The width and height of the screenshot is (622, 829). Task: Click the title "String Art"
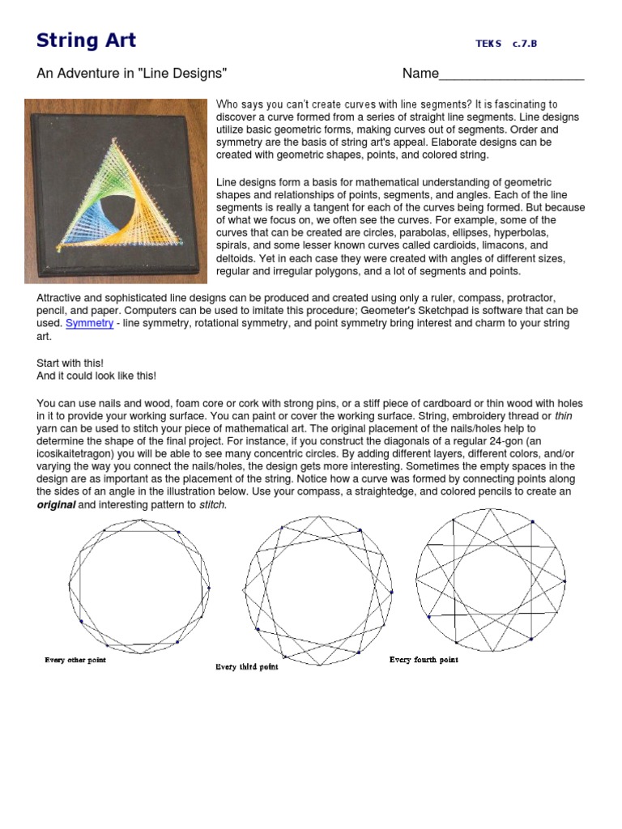pos(87,40)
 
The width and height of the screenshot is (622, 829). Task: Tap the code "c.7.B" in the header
pos(525,44)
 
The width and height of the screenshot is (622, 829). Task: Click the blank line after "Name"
pos(511,75)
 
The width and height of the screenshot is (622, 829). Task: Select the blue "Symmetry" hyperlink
pos(89,323)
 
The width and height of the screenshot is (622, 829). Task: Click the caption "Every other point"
pos(75,660)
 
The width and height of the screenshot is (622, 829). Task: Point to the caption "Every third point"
pos(247,667)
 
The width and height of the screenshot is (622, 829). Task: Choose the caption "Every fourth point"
pos(424,660)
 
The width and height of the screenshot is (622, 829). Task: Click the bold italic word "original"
pos(56,504)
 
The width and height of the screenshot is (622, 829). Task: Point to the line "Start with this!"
pos(70,363)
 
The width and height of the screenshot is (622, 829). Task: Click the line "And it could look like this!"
pos(96,376)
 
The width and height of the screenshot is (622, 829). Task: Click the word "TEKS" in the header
pos(489,44)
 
